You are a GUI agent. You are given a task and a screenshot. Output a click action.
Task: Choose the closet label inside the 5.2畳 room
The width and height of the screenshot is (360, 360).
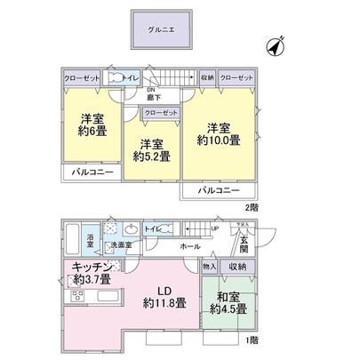coord(160,113)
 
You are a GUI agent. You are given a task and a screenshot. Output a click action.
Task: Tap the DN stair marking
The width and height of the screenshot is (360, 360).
coord(150,90)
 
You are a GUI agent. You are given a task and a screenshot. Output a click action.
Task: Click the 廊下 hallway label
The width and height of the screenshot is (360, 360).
coord(150,98)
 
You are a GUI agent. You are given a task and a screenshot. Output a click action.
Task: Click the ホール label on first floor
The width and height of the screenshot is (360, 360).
coord(188,245)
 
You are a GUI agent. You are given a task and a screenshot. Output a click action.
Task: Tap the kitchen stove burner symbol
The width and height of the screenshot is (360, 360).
coord(76,295)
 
